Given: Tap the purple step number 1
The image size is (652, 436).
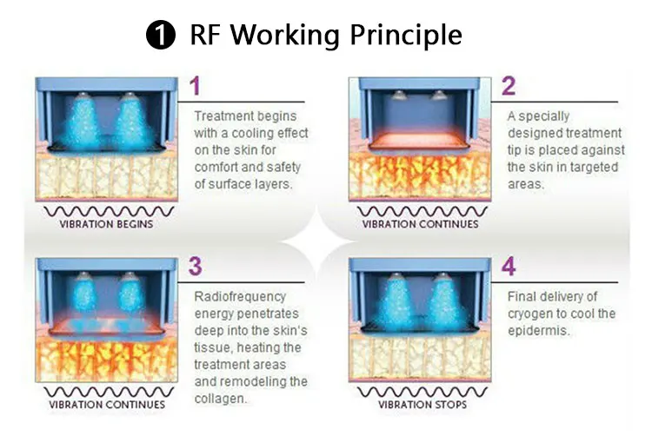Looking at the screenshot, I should [196, 86].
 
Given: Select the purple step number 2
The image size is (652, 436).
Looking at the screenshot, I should [509, 86].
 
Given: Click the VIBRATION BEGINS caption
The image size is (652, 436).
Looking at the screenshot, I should [106, 224].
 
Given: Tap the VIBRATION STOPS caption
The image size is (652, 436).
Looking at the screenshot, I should [422, 405].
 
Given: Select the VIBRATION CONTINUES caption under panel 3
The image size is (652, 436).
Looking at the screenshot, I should [106, 405].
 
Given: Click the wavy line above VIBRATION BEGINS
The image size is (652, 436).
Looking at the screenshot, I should [106, 210].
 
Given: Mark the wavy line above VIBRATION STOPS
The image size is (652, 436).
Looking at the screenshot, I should [422, 391].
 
